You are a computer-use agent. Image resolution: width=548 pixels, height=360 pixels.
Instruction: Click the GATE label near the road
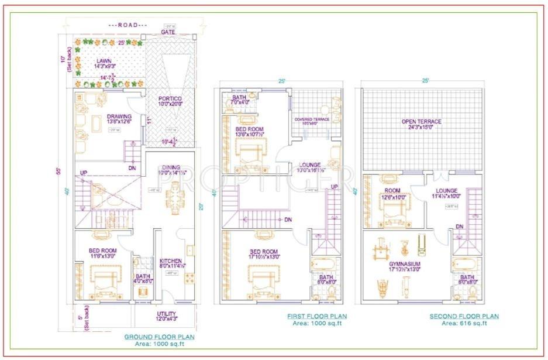point(168,32)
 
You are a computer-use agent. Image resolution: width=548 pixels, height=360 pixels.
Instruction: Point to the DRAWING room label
point(119,116)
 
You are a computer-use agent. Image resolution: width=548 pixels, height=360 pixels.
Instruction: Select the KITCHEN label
point(171,261)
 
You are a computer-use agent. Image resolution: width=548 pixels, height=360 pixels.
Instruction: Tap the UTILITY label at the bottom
point(167,314)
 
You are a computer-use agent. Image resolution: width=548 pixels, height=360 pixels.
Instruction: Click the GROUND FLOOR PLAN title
point(159,337)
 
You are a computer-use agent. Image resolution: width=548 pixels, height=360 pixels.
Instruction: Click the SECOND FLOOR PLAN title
point(464,316)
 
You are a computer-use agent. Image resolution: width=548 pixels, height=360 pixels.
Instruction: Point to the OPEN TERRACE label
point(421,122)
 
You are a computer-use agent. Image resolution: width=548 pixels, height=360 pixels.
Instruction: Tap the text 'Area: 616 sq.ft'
point(464,323)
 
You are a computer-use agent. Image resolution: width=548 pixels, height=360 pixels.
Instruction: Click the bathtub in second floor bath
point(466,265)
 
